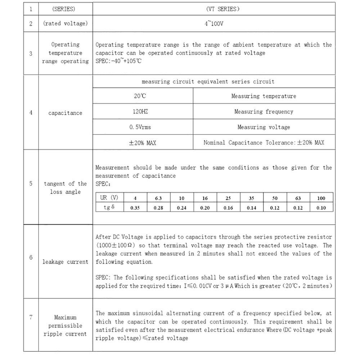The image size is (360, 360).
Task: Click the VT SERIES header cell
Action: coord(214,9)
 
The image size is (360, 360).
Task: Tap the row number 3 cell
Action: coord(31,53)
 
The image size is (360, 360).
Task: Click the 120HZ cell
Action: coord(140,112)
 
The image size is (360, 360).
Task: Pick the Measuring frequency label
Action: coord(264,112)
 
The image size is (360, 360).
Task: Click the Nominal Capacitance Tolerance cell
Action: coord(264,143)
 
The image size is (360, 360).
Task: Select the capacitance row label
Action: coord(65,113)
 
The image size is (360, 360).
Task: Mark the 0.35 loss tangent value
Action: coord(135,208)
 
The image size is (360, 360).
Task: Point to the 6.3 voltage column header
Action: coord(158,198)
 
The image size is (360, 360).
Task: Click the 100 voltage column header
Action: coord(321,198)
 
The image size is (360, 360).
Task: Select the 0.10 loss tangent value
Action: coord(321,208)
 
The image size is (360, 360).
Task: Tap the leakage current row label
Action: coord(65,262)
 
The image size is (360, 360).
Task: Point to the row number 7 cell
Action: coord(31,317)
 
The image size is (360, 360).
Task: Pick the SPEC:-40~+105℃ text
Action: coord(119,61)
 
